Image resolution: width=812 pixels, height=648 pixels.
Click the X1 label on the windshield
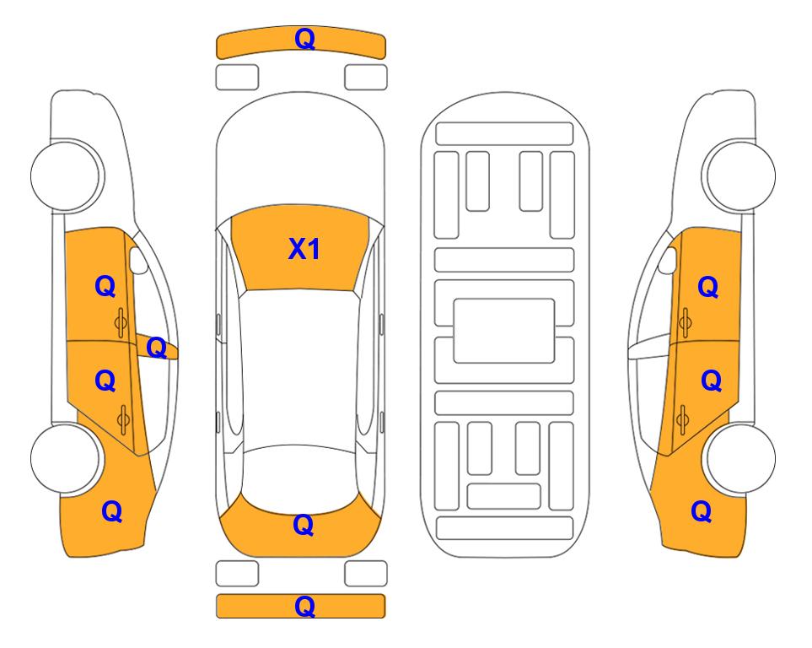point(304,249)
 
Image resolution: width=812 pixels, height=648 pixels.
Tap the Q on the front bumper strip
point(304,39)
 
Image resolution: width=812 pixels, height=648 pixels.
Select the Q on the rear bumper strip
point(304,606)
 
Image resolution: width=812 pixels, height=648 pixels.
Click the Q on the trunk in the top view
point(304,525)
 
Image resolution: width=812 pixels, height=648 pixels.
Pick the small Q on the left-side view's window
point(156,348)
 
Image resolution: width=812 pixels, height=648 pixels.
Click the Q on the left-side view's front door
point(105,286)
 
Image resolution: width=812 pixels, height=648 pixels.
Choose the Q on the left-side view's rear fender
point(112,511)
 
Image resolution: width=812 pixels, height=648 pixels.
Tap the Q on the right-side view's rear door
point(711,381)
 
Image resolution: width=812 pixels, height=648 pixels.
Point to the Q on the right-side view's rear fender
point(702,511)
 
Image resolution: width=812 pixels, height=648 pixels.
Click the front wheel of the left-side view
point(66,175)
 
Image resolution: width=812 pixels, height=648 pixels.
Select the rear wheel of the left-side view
point(66,458)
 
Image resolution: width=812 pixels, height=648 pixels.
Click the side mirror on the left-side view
point(137,260)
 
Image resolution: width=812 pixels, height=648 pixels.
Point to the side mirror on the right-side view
point(668,260)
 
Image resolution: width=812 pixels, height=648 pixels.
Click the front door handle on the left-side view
point(121,322)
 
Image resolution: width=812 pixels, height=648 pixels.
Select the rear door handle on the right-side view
point(682,420)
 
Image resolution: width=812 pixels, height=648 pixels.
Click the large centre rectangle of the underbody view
point(504,331)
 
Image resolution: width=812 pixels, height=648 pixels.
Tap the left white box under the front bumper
point(237,78)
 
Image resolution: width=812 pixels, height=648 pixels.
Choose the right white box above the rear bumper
point(366,574)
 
